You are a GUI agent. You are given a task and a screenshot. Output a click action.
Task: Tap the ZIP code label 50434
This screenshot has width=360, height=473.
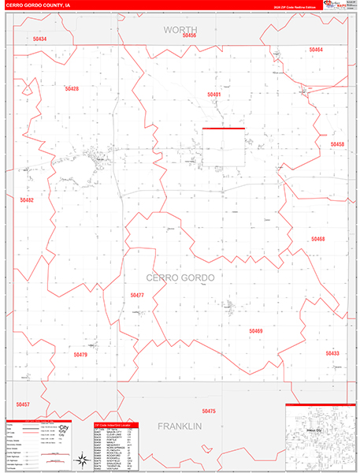point(40,39)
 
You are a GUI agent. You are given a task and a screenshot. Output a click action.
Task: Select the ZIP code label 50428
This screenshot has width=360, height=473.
point(71,88)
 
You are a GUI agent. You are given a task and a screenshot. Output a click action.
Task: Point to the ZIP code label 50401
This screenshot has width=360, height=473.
point(214,94)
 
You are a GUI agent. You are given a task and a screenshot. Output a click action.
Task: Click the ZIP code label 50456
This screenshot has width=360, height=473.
point(189,35)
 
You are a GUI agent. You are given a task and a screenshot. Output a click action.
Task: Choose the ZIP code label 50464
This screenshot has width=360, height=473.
point(316,50)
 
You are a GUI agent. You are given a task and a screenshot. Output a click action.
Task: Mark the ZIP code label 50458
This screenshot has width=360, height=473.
point(337,144)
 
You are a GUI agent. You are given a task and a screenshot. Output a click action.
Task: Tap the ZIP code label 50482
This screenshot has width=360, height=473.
point(27,200)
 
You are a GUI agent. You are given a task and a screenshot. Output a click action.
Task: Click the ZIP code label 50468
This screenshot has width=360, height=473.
point(317,238)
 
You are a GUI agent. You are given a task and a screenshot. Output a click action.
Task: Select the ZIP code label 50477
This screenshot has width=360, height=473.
point(137,295)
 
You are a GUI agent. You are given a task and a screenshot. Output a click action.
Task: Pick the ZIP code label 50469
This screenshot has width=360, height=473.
point(256,331)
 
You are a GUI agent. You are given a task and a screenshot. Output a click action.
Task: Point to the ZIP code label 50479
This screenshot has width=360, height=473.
point(80,355)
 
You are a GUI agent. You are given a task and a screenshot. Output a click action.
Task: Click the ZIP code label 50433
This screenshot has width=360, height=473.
point(332,353)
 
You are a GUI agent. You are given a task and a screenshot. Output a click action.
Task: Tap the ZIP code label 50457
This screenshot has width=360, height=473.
point(22,404)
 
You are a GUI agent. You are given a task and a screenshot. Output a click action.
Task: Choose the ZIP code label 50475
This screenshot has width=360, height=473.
point(208,411)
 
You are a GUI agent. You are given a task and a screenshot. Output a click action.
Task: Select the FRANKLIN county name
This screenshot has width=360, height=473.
point(180,426)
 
